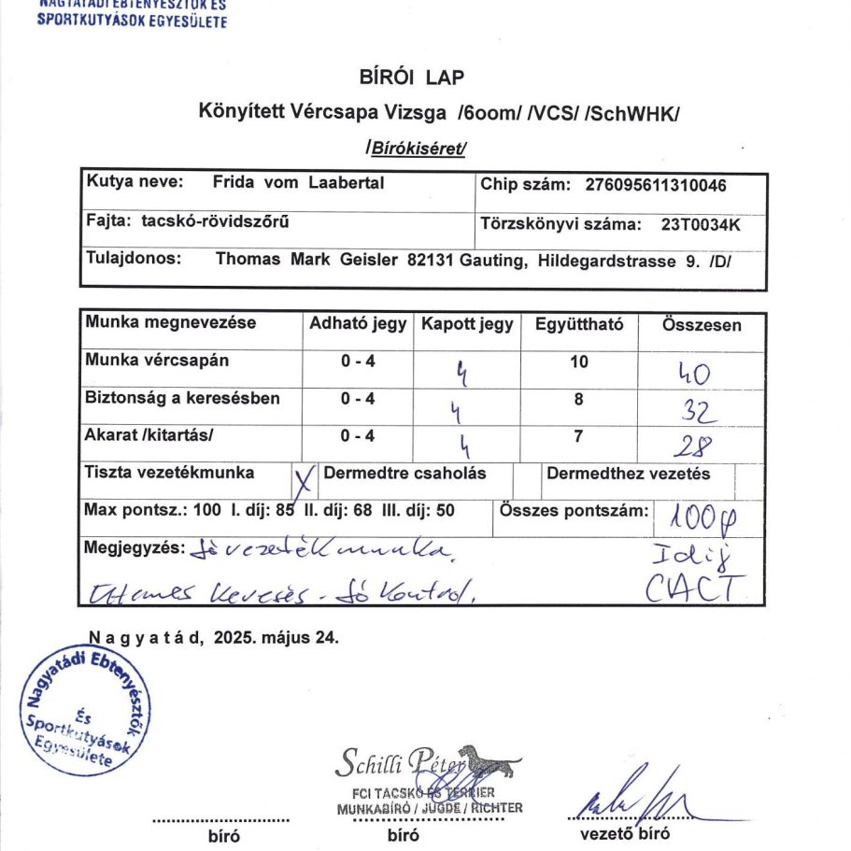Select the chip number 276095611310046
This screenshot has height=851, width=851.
click(656, 185)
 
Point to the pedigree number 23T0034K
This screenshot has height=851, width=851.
click(701, 224)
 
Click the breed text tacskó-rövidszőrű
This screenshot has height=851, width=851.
click(216, 221)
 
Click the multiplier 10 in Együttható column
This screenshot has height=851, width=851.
click(578, 361)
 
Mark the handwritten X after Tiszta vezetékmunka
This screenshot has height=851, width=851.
click(303, 482)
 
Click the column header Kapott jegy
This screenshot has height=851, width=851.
click(467, 325)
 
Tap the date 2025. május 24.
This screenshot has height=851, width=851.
click(276, 639)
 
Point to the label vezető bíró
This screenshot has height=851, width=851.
click(624, 834)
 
